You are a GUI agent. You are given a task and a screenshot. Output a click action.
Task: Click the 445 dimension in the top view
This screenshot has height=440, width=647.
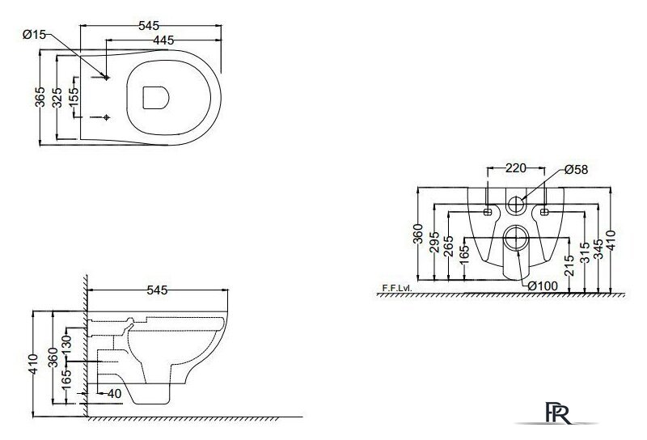pos(163,40)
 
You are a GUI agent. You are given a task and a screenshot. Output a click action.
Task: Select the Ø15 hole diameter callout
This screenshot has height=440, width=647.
pos(34,34)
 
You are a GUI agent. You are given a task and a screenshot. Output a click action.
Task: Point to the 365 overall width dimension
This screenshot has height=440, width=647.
pos(40,96)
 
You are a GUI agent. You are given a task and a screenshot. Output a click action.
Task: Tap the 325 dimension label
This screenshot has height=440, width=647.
pos(57,97)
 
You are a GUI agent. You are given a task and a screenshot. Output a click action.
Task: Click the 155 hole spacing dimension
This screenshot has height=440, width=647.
pos(74,97)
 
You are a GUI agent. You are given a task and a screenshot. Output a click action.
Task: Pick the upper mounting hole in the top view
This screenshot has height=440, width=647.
pos(107,77)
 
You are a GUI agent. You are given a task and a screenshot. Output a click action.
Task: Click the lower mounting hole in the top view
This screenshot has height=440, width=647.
pos(107,117)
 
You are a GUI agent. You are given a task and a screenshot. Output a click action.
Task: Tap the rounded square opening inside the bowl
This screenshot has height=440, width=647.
pos(156,98)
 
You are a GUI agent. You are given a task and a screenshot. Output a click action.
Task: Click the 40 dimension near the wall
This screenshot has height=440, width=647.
pos(114,394)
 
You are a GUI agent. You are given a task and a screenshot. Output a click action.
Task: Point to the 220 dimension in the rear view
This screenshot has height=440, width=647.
pos(516,168)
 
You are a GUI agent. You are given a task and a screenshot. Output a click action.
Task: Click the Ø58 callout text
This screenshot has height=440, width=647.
pos(577,170)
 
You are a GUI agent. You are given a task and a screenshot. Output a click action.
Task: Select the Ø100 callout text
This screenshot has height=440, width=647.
pos(543,286)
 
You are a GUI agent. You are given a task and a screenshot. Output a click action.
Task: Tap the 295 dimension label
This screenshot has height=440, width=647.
pos(434,243)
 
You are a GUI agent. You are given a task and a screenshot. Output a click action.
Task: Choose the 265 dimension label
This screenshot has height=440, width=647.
pos(449,246)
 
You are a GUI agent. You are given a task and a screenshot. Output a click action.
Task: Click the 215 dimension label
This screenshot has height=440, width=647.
pos(569,265)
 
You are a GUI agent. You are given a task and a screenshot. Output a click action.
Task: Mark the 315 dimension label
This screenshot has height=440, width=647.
pos(585,252)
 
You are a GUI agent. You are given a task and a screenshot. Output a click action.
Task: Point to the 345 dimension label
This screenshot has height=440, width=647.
pos(598,249)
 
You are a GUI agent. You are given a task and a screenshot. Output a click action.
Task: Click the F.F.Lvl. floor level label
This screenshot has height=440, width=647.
pos(397,288)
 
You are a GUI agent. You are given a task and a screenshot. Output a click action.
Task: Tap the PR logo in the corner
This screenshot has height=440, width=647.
pos(558,412)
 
